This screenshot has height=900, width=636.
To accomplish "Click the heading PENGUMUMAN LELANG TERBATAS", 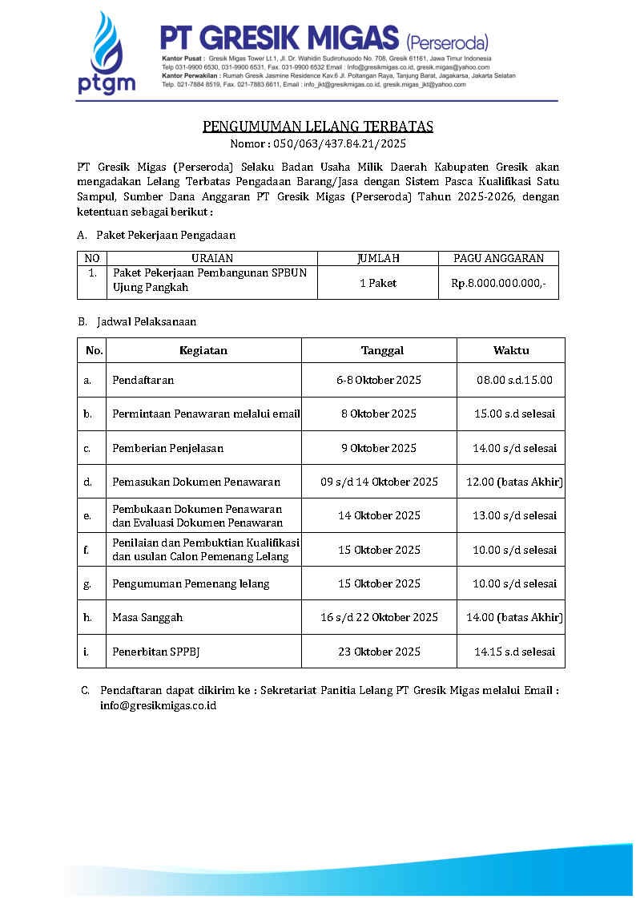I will click(x=318, y=127).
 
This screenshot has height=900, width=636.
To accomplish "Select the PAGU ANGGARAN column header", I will click(x=498, y=258).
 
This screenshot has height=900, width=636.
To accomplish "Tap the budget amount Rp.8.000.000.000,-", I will click(x=498, y=283).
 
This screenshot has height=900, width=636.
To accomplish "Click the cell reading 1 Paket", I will click(x=378, y=283).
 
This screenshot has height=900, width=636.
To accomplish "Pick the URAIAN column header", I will click(x=212, y=258).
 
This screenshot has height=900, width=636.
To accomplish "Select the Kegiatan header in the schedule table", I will click(x=203, y=350).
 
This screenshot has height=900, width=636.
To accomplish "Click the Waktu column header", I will click(x=511, y=350).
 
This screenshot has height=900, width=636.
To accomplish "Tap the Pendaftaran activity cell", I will click(x=143, y=380).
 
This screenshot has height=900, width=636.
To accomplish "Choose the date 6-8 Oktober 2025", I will click(x=379, y=380).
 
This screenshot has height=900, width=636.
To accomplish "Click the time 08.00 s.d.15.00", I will click(x=514, y=380).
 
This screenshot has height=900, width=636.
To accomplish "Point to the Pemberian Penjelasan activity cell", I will click(x=168, y=448).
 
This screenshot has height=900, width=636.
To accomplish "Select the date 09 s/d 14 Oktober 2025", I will click(x=379, y=482).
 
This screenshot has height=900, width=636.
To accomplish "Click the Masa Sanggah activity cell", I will click(x=147, y=617).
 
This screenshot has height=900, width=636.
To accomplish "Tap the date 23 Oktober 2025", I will click(x=379, y=652).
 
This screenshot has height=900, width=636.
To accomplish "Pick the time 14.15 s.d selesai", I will click(x=514, y=652).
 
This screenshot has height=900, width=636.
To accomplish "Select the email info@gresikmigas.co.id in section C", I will click(x=158, y=706).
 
